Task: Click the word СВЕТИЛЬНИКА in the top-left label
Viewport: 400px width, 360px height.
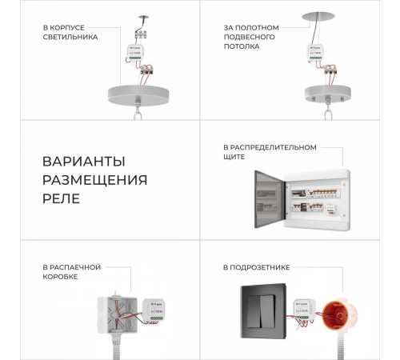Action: (x=71, y=37)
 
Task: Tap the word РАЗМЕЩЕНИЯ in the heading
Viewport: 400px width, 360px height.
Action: (x=94, y=179)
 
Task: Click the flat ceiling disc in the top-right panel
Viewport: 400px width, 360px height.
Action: (x=318, y=16)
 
